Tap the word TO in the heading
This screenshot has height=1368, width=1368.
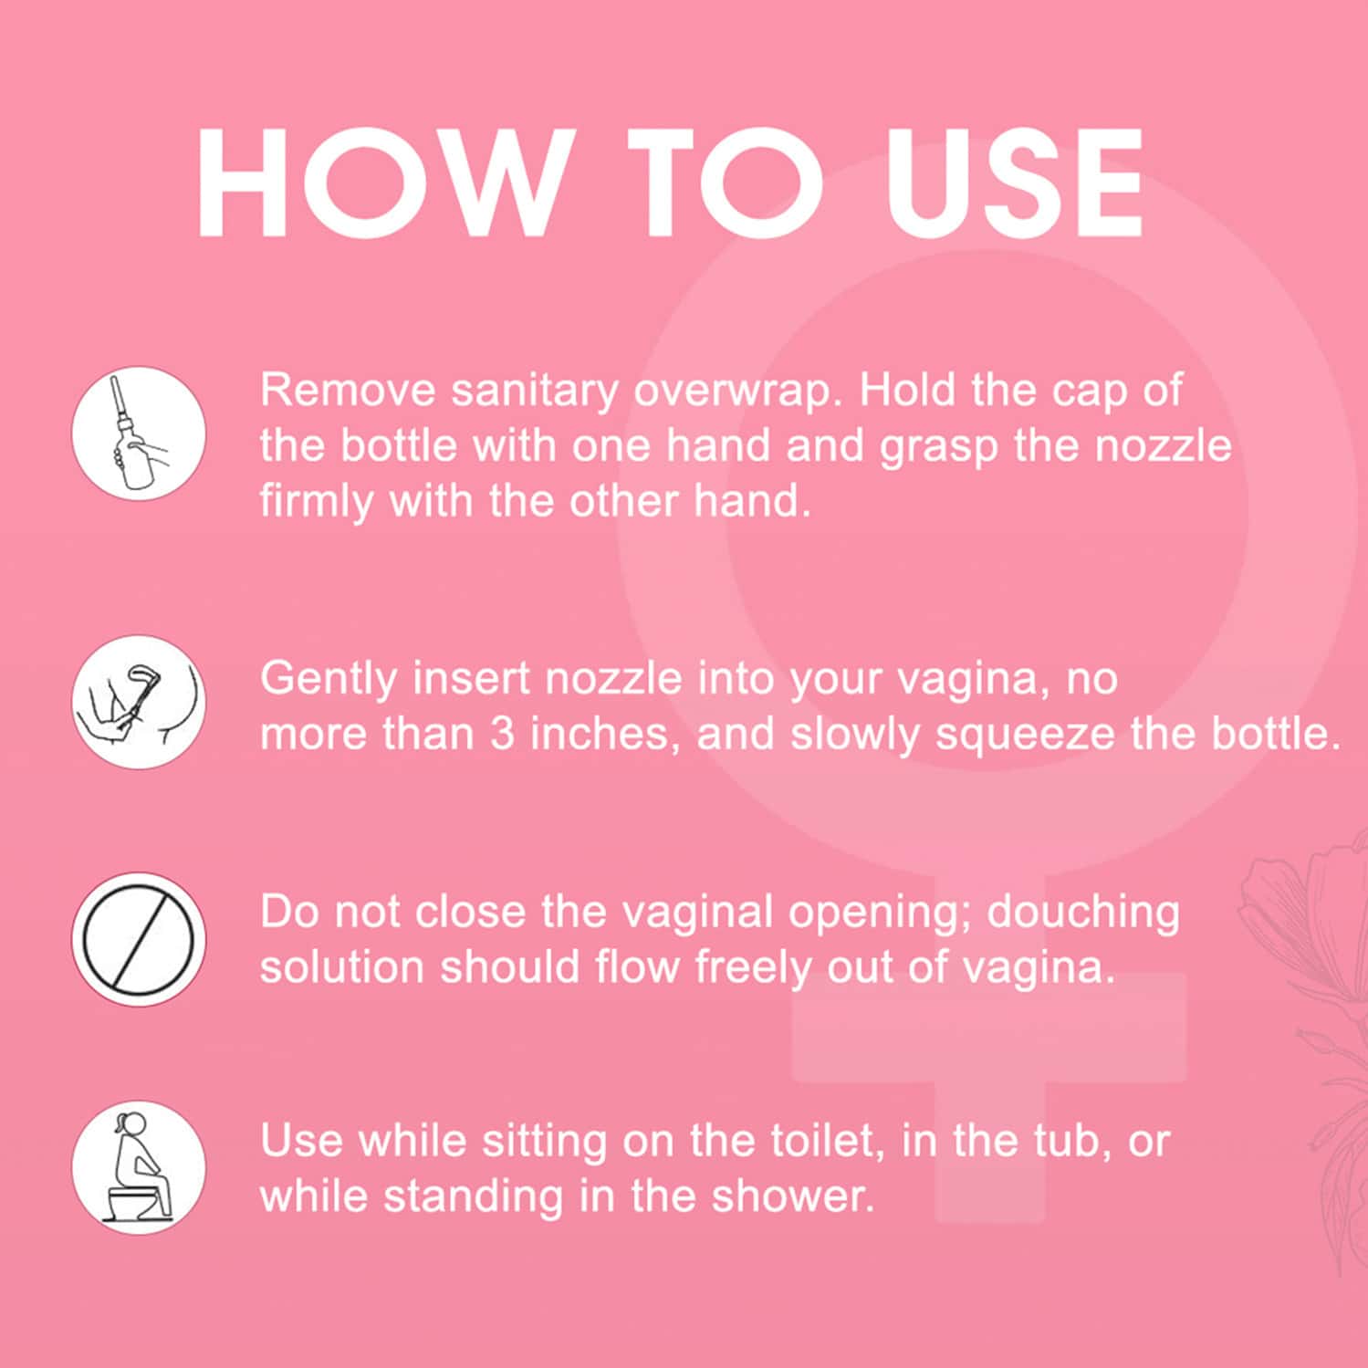[726, 183]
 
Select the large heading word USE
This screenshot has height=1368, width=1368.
[1013, 183]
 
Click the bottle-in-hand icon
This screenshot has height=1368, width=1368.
[139, 433]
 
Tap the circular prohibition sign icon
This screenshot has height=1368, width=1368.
[139, 939]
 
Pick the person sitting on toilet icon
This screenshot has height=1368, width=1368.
[139, 1167]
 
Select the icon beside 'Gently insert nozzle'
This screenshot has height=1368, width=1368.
[139, 702]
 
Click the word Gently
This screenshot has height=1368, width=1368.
[329, 680]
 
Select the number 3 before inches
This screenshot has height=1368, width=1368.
[503, 734]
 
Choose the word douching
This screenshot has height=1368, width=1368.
[1083, 914]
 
